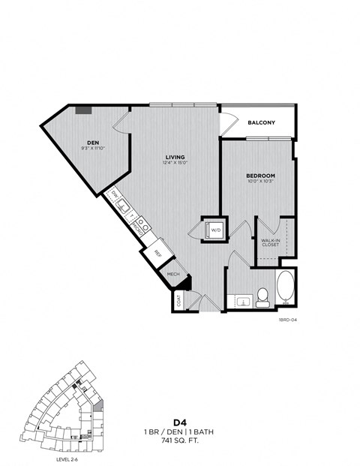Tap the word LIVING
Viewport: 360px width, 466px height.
tap(175, 157)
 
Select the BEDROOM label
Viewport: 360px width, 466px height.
tap(261, 176)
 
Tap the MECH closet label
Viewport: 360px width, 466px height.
tap(172, 275)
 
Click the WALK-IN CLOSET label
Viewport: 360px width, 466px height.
tap(270, 242)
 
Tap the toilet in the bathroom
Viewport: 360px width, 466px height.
tap(262, 297)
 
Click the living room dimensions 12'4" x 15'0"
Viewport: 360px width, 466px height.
tap(175, 164)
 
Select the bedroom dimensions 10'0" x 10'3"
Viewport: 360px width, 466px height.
tap(261, 182)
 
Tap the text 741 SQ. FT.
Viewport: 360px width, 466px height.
tap(180, 442)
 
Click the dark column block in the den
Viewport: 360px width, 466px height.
tap(83, 110)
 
